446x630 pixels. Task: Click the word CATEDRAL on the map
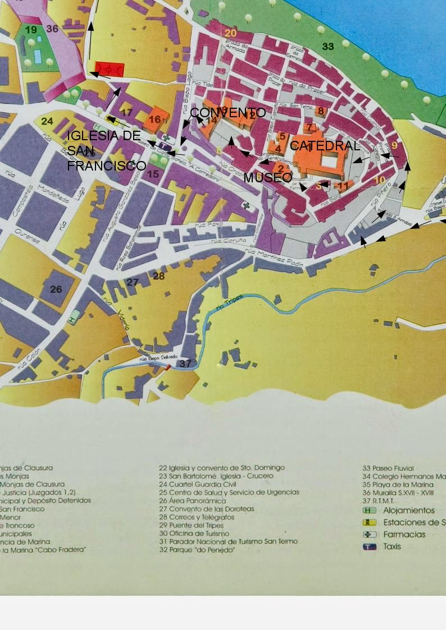324,146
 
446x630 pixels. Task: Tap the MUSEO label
267,177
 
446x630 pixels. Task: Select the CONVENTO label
227,113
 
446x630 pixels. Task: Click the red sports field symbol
108,70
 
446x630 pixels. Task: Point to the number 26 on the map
56,289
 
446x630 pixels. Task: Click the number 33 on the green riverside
328,46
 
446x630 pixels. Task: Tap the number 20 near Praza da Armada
230,33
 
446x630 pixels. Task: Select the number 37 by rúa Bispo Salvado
185,364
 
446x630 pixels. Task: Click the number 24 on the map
47,121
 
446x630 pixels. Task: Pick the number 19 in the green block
31,30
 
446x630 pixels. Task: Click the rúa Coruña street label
229,241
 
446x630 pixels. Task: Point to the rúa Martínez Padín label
279,259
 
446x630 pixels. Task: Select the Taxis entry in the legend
392,546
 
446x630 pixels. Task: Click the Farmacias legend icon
370,535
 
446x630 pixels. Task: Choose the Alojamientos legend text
409,511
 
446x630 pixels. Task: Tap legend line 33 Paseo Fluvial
388,468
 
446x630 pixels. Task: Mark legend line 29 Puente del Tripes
194,525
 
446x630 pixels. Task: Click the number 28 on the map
159,276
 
